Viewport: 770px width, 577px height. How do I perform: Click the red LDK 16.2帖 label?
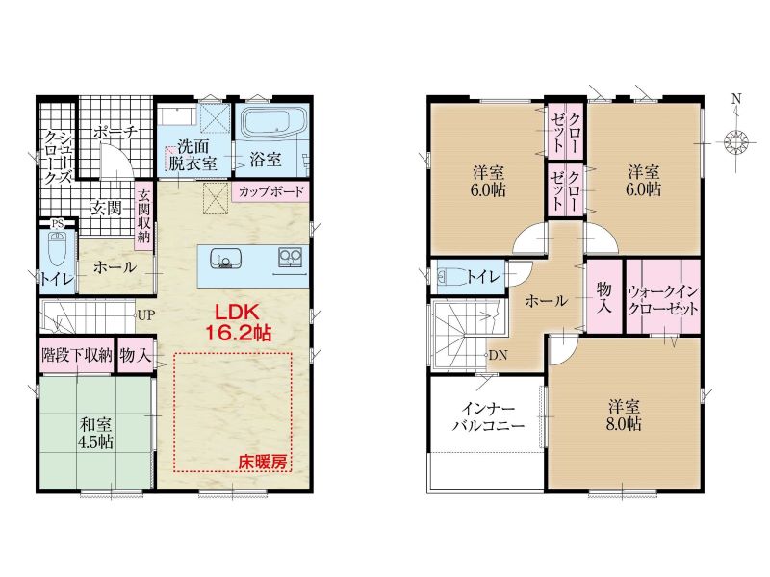click(x=237, y=322)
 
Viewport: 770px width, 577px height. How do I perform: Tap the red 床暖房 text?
click(x=263, y=462)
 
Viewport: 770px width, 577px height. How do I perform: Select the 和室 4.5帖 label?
click(x=95, y=433)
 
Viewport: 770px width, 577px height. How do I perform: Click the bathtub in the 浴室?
click(x=276, y=123)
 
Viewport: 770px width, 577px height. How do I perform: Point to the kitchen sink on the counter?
click(x=226, y=259)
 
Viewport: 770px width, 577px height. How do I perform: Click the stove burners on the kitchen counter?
click(x=291, y=257)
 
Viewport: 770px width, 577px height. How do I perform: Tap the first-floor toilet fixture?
click(x=58, y=249)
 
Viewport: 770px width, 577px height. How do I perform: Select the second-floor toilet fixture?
click(x=449, y=276)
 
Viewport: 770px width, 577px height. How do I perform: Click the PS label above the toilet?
click(x=58, y=224)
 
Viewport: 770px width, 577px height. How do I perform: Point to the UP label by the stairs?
click(x=145, y=315)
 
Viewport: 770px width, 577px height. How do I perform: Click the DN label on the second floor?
click(x=498, y=355)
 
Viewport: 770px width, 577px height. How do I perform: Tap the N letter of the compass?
click(x=736, y=99)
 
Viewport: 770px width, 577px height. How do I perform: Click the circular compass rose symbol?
click(x=735, y=142)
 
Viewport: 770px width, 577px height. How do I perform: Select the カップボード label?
click(x=271, y=191)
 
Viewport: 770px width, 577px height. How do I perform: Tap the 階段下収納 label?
click(x=77, y=355)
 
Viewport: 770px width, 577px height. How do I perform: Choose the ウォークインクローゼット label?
click(x=663, y=300)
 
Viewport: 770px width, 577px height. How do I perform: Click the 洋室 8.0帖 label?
click(x=624, y=415)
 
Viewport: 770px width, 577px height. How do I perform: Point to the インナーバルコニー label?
click(x=488, y=416)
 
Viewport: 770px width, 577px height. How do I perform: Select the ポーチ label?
click(x=115, y=133)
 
